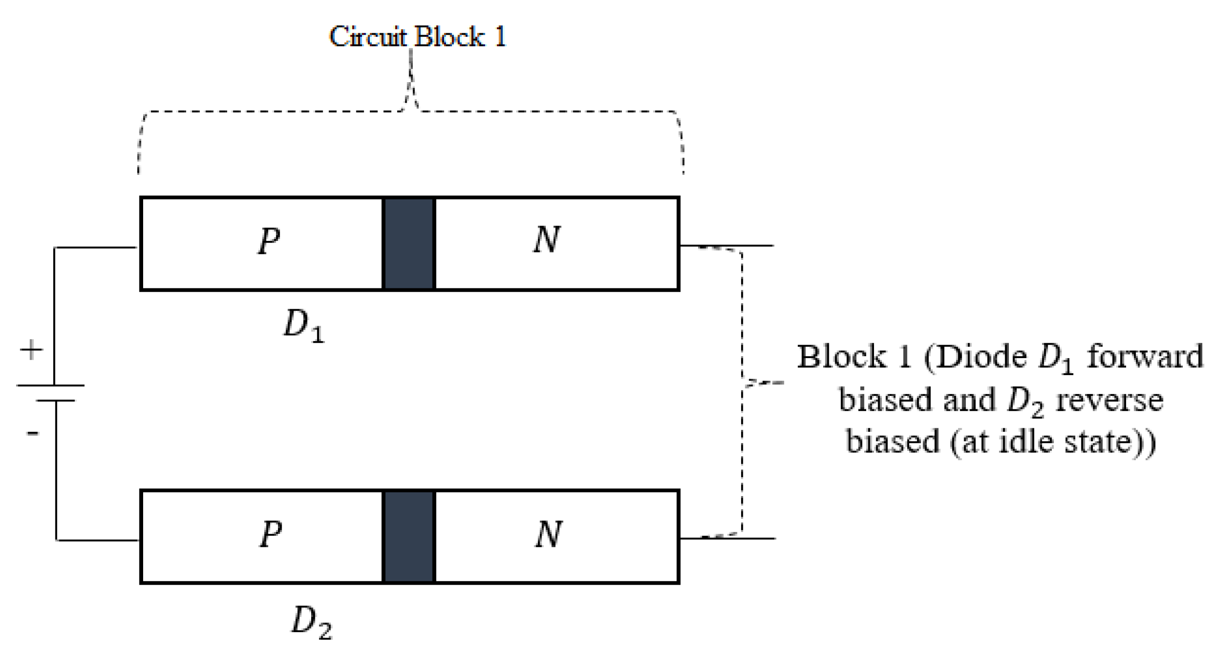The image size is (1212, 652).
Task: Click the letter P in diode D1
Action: pos(269,241)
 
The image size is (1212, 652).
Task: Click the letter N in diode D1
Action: pos(547,240)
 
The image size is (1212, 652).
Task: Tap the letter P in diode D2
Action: pos(271,534)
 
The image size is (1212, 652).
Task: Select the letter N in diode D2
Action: pos(549,534)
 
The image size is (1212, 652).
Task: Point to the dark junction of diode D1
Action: pos(409,244)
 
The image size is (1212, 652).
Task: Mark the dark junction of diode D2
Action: pos(409,537)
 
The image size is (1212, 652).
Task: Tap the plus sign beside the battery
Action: pos(31,350)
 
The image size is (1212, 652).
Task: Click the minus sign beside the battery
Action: pos(32,433)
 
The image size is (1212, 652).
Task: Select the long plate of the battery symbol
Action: pos(51,385)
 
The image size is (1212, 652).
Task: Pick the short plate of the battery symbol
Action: pos(55,401)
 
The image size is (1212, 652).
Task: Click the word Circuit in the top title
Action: pos(368,36)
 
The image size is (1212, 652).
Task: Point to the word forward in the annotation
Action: pos(1145,356)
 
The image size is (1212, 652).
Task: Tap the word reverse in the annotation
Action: pos(1109,401)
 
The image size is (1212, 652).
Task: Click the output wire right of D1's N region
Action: pos(753,245)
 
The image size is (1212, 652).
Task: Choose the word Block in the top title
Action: pos(449,36)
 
